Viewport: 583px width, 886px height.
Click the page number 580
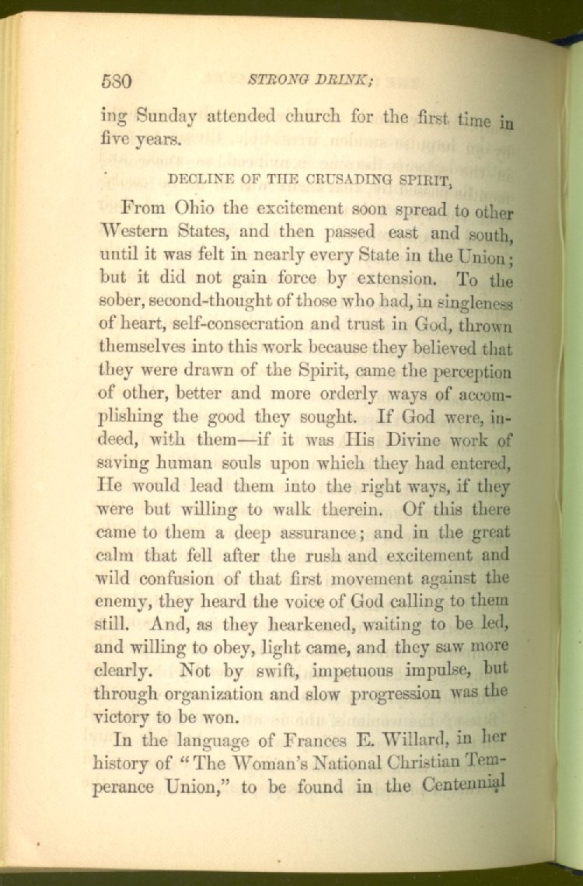click(118, 81)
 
